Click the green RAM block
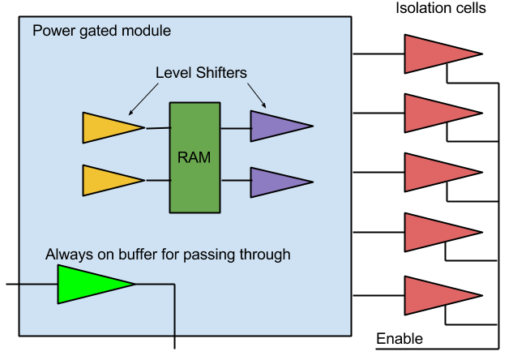(x=195, y=156)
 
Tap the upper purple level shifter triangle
(x=275, y=126)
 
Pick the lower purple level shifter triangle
(x=275, y=182)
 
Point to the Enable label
(x=400, y=338)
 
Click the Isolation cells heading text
(x=441, y=9)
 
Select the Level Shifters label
(x=201, y=73)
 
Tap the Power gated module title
(x=101, y=32)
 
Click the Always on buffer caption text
(x=168, y=254)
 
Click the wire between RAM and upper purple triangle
(x=235, y=127)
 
